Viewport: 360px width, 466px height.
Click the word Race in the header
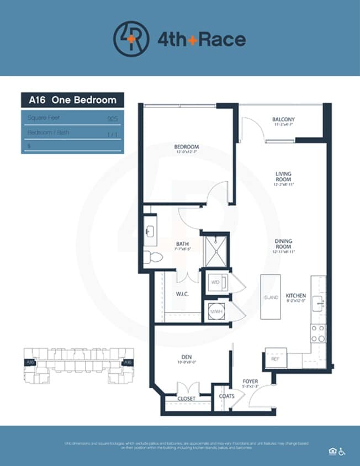pyautogui.click(x=221, y=39)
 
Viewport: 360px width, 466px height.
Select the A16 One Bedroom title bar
pyautogui.click(x=72, y=100)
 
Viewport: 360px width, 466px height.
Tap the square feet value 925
pyautogui.click(x=113, y=118)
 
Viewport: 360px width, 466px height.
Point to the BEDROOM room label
pyautogui.click(x=186, y=147)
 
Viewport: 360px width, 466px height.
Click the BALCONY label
pyautogui.click(x=283, y=119)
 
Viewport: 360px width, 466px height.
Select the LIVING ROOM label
pyautogui.click(x=283, y=176)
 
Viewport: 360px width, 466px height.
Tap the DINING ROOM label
pyautogui.click(x=283, y=243)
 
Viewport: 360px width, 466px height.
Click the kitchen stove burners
pyautogui.click(x=318, y=333)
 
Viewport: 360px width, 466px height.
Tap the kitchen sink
pyautogui.click(x=318, y=304)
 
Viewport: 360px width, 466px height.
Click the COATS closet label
pyautogui.click(x=227, y=396)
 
